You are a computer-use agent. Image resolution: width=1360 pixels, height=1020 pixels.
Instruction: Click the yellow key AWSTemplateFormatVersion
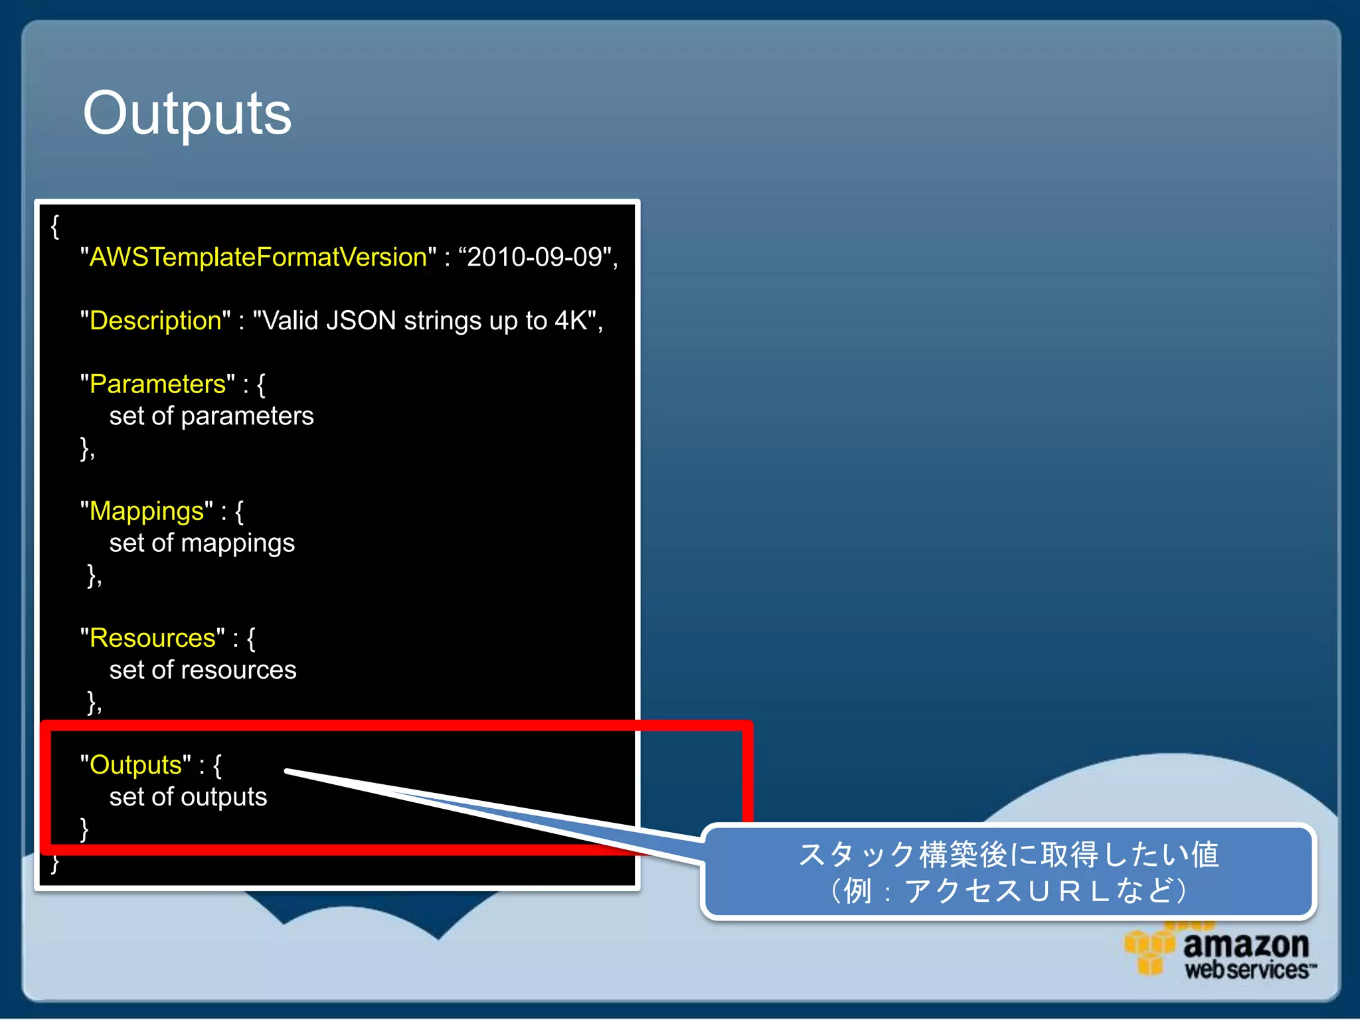(258, 257)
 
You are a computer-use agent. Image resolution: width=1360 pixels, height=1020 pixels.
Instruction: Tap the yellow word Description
(155, 321)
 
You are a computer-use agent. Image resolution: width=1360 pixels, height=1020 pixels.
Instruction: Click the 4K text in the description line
(570, 321)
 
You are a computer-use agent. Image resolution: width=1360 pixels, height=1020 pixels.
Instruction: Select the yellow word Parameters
(157, 384)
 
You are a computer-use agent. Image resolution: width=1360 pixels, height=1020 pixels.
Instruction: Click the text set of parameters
(211, 416)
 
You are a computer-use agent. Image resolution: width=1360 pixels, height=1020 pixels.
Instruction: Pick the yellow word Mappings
(147, 511)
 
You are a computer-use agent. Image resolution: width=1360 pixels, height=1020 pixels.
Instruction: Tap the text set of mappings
(202, 543)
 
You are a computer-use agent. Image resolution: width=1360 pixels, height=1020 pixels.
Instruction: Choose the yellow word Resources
(153, 638)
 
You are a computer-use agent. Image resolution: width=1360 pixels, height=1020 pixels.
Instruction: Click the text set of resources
(203, 670)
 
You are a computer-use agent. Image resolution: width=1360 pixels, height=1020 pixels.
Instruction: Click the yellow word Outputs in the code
(135, 765)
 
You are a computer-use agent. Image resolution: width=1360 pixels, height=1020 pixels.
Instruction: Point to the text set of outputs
(188, 797)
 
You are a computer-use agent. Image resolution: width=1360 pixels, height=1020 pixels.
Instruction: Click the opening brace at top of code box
(55, 226)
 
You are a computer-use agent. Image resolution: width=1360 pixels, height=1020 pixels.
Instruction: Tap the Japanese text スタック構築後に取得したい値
(1008, 855)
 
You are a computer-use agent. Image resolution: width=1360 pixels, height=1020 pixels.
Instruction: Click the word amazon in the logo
(1246, 944)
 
